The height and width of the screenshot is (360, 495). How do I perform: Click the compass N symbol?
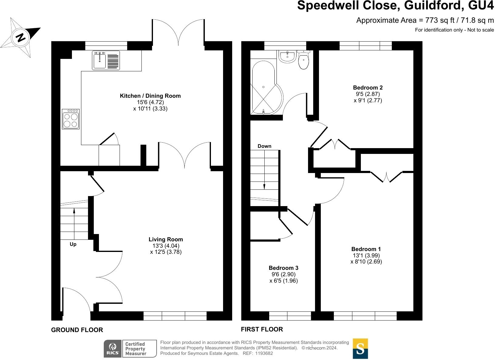[21, 38]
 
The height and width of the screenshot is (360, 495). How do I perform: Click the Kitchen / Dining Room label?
[150, 96]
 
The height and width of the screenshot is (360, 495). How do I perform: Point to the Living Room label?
[166, 239]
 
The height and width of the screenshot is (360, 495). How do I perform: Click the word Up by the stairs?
[73, 244]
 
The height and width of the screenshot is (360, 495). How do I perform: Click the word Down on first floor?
[264, 146]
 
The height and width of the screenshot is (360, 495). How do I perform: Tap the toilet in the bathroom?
[303, 61]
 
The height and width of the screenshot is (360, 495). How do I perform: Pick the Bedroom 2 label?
[368, 88]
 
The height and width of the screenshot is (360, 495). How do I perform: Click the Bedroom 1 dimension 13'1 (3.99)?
[366, 256]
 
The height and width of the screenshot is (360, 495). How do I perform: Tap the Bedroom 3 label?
[283, 268]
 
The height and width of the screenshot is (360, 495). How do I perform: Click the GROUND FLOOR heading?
[77, 330]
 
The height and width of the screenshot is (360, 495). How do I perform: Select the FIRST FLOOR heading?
[262, 329]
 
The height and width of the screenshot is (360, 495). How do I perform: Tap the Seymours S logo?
[360, 348]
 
